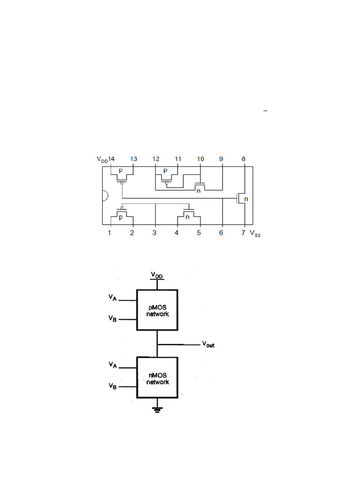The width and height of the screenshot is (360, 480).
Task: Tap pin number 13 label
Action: click(x=134, y=159)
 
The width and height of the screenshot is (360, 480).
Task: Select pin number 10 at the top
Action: click(x=200, y=159)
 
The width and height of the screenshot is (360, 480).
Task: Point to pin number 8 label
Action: click(x=243, y=159)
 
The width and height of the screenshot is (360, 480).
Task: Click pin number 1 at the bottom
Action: click(x=110, y=232)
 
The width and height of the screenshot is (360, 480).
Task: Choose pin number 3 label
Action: click(x=154, y=232)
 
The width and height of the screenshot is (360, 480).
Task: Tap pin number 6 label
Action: click(x=221, y=232)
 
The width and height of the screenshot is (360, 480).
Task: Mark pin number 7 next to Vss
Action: click(x=243, y=232)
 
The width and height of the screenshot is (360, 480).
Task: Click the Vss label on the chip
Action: click(x=255, y=233)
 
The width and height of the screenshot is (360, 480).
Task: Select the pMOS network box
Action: click(x=157, y=310)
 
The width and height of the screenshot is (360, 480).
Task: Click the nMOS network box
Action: click(x=157, y=378)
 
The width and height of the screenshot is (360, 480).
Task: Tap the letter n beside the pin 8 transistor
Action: click(x=246, y=199)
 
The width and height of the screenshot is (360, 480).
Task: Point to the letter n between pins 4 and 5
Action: click(x=187, y=217)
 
